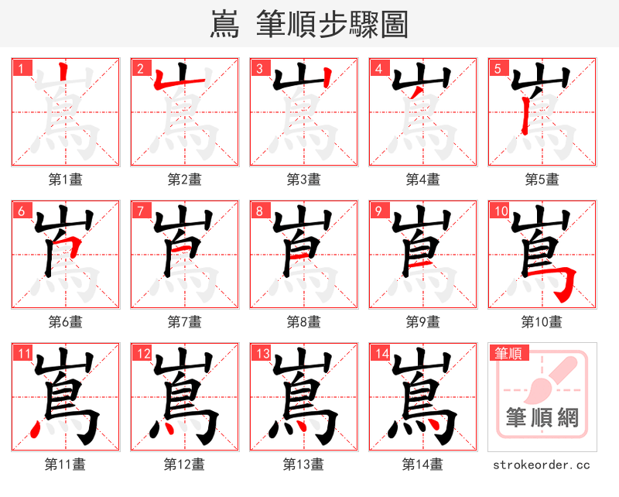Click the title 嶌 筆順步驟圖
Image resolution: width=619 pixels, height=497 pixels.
tap(309, 24)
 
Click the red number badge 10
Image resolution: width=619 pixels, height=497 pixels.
tap(501, 211)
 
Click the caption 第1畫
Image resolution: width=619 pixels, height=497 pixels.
tap(66, 180)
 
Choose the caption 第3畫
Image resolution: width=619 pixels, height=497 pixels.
tap(304, 180)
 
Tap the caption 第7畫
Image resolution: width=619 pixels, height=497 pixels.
tap(185, 321)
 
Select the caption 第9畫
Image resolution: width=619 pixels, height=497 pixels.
tap(423, 321)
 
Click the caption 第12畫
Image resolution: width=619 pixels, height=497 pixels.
tap(185, 464)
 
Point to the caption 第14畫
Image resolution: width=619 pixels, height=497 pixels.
tap(423, 464)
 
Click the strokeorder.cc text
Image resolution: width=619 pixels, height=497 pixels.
tap(542, 464)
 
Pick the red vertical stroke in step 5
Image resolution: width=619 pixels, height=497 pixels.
tap(525, 116)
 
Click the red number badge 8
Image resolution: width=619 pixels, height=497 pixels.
tap(261, 211)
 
